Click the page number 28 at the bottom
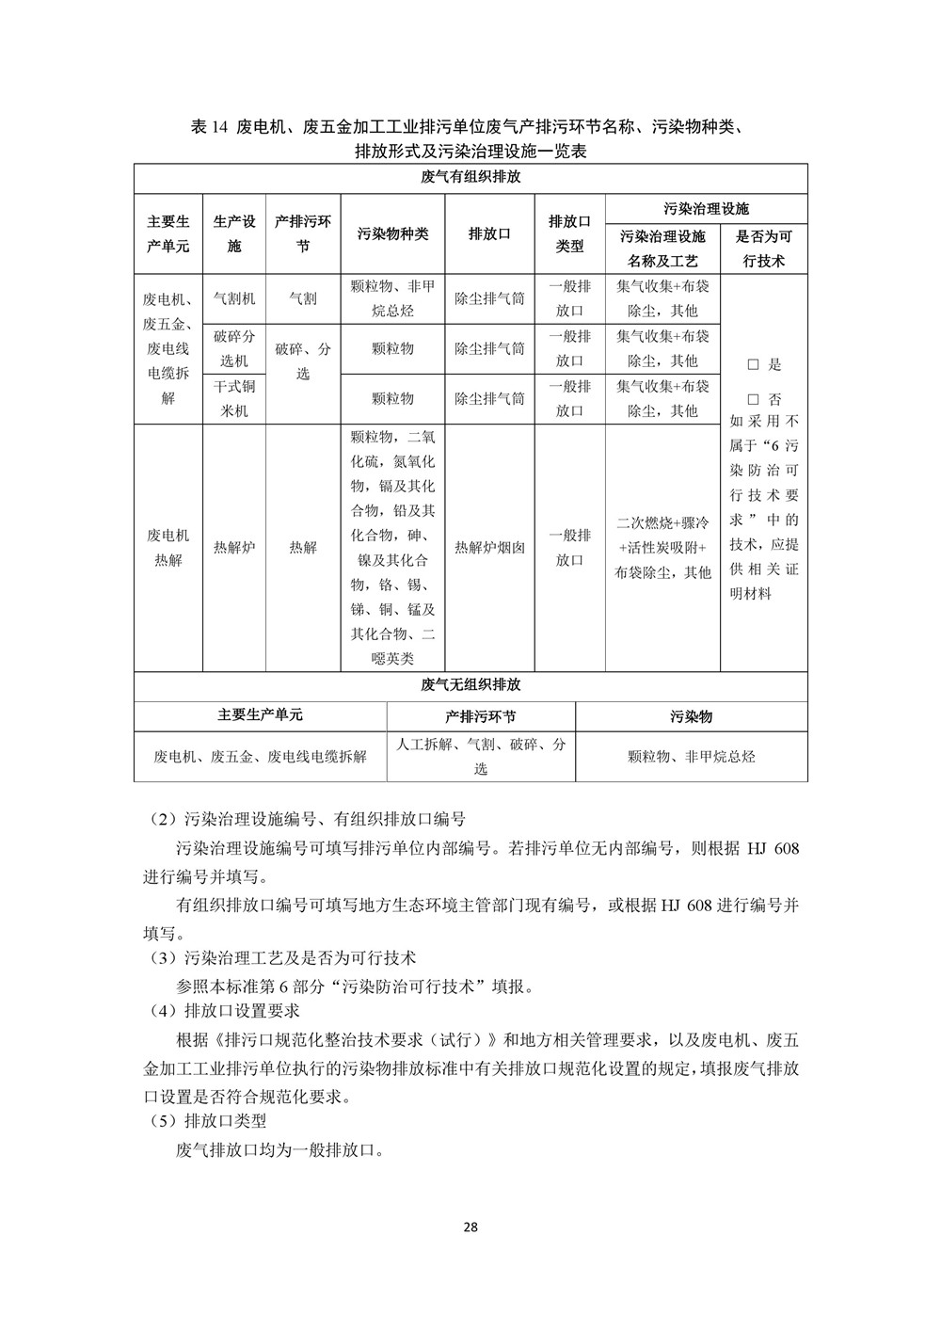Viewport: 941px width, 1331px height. tap(470, 1227)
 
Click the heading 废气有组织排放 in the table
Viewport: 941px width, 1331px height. tap(470, 177)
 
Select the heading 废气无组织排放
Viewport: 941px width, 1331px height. tap(470, 685)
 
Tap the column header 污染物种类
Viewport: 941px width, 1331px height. tap(392, 233)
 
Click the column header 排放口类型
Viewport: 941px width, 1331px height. tap(569, 233)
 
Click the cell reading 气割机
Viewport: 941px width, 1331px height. tap(233, 298)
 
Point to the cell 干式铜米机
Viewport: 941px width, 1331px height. tap(233, 398)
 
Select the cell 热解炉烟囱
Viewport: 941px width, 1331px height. tap(489, 547)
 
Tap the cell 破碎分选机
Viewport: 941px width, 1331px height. tap(233, 348)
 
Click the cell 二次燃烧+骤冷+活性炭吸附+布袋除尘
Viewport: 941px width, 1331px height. tap(662, 547)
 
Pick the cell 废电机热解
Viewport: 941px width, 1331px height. tap(167, 547)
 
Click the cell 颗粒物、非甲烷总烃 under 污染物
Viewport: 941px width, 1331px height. tap(691, 756)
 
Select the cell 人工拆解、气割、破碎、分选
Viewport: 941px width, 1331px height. tap(481, 756)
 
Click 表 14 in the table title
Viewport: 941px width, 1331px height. tap(209, 128)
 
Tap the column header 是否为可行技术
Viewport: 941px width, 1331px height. tap(763, 249)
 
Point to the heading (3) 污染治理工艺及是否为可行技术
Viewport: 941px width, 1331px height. tap(283, 958)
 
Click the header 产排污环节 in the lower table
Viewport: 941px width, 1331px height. tap(481, 716)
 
